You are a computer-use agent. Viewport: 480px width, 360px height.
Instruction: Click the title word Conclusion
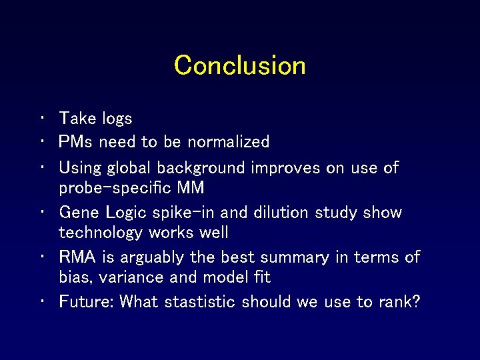click(x=240, y=65)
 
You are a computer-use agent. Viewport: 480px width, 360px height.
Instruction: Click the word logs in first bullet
click(x=117, y=119)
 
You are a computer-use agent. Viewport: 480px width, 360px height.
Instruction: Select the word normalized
click(x=228, y=141)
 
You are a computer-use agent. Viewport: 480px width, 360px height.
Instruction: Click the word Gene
click(x=79, y=213)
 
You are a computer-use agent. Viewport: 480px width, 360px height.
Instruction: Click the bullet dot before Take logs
click(x=41, y=119)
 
